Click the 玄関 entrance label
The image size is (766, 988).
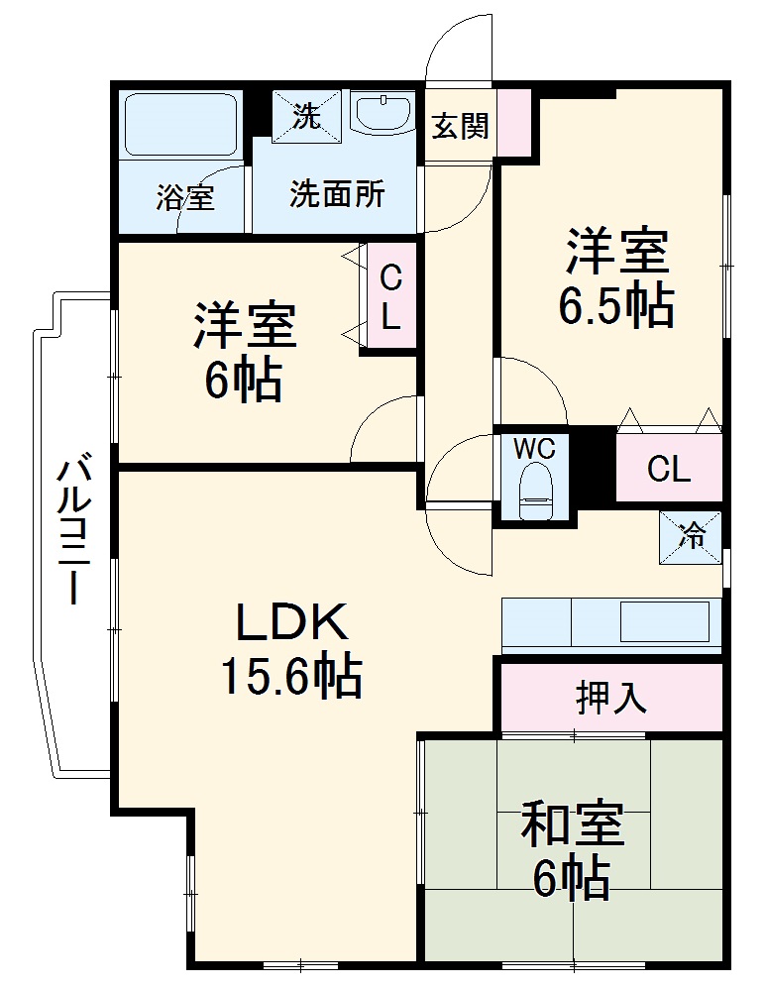coord(461,126)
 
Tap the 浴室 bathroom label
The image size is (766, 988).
coord(184,197)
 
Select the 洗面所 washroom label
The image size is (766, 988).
coord(337,194)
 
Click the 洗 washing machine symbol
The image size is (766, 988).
coord(306,117)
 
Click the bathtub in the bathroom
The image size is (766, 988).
coord(179,125)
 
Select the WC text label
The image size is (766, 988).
coord(534,449)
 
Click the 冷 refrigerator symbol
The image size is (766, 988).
coord(691,537)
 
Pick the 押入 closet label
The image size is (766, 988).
coord(611,698)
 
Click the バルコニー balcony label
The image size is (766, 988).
coord(73,530)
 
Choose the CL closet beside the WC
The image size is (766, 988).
coord(668,467)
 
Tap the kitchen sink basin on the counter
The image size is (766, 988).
coord(665,623)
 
